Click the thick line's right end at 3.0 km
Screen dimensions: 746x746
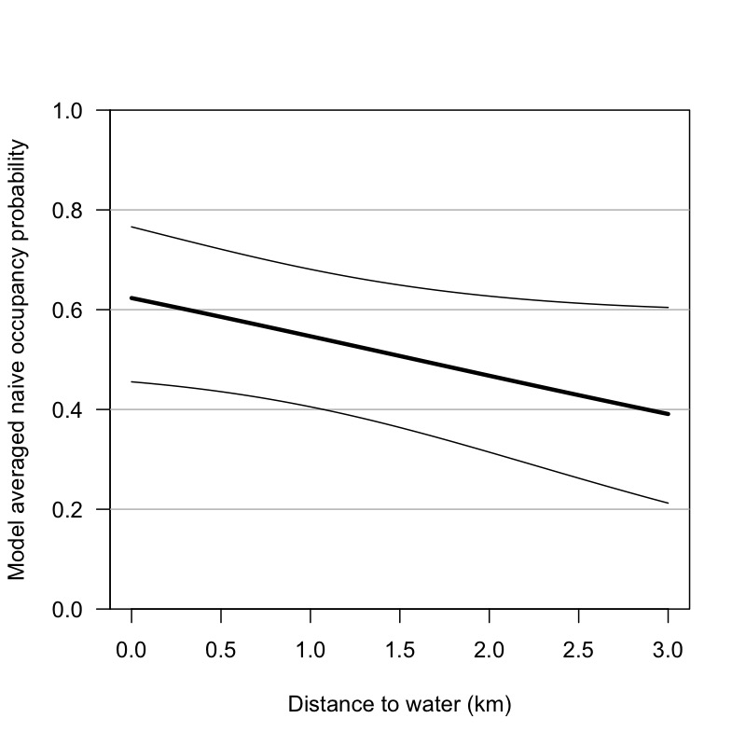(668, 413)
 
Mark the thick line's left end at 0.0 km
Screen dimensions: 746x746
(132, 298)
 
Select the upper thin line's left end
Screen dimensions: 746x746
(132, 227)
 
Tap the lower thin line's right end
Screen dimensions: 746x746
(668, 504)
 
